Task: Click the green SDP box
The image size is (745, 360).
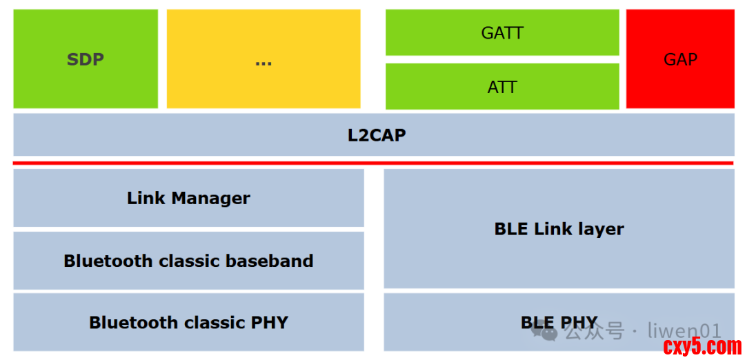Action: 86,59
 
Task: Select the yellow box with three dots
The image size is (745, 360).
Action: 264,59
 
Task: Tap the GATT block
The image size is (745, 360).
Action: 501,32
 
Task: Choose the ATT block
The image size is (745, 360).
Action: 501,87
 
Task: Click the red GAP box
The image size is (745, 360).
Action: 680,59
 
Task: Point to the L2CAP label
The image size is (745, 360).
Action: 376,135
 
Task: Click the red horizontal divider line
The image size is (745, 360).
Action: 373,163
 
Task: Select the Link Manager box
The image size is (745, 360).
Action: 188,199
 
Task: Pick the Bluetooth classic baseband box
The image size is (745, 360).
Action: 188,261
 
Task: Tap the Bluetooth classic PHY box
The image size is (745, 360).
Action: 188,322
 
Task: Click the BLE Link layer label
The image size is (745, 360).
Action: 559,229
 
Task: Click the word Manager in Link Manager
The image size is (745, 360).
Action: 210,199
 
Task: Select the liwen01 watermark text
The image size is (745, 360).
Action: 684,331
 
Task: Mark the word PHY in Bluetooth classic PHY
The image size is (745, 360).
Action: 268,322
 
